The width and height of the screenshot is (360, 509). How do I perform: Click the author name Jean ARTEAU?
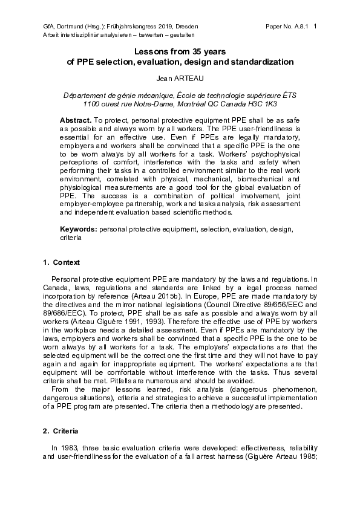point(180,79)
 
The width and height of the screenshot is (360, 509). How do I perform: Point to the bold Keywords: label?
point(79,230)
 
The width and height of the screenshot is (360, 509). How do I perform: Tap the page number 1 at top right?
point(315,27)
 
